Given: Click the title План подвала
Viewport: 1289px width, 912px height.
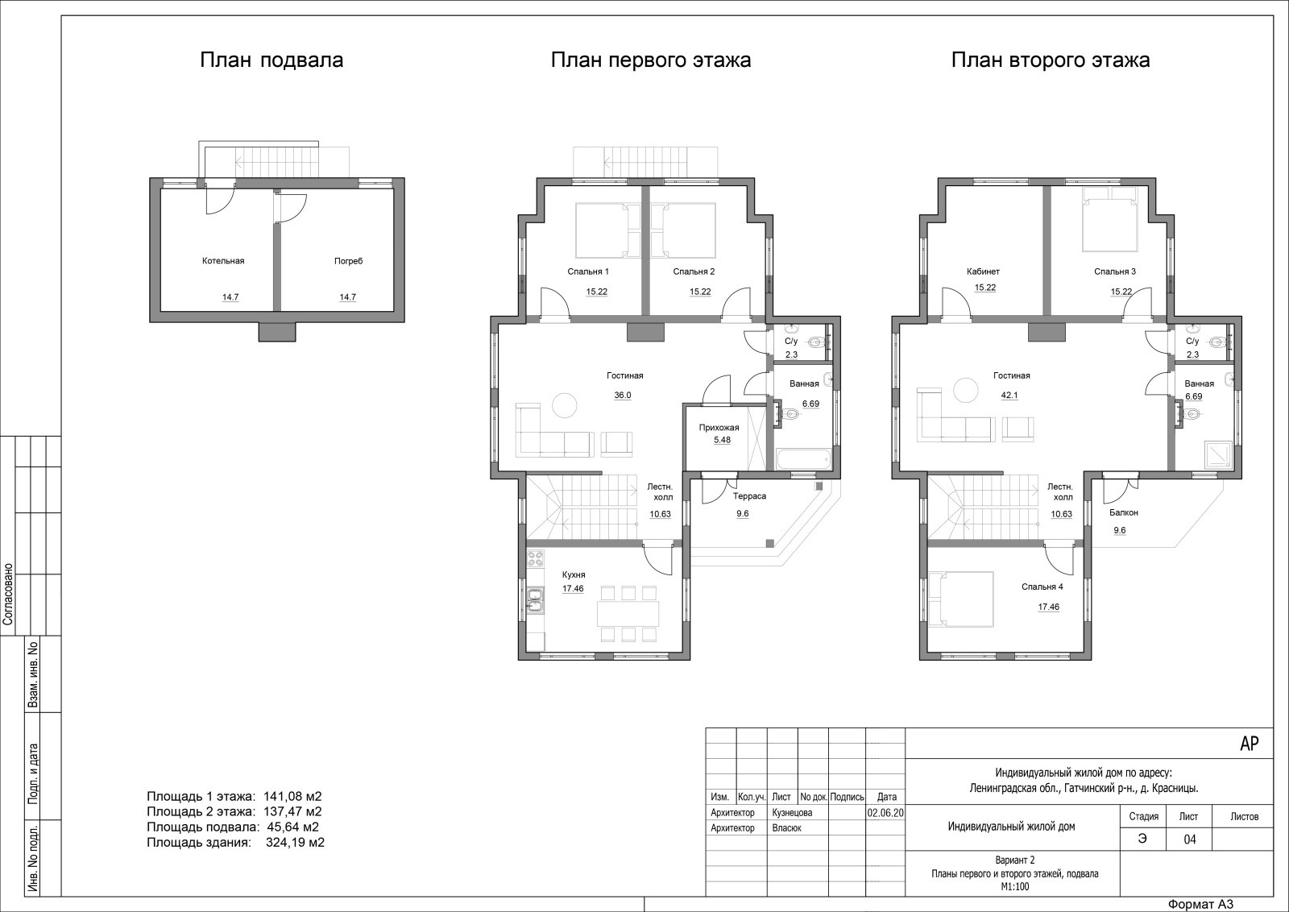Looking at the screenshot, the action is coord(271,60).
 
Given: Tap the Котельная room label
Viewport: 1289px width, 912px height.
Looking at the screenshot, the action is coord(223,261).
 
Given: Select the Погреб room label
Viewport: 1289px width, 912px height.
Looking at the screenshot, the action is coord(349,261).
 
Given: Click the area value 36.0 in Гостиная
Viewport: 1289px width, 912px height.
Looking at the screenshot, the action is coord(623,396).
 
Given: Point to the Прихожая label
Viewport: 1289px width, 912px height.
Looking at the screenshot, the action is coord(719,428).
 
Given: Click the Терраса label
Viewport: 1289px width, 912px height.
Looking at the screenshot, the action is coord(749,496).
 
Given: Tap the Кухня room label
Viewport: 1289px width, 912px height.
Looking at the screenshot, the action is coord(574,574).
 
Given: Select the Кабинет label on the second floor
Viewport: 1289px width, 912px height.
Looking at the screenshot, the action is coord(984,272).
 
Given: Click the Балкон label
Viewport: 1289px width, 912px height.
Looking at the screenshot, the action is coord(1124,512).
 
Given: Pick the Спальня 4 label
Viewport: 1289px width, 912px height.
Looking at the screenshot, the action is coord(1042,587).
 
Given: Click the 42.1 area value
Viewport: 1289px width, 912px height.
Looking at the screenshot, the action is coord(1009,396).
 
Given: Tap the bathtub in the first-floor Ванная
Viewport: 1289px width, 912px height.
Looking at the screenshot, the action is coord(803,460).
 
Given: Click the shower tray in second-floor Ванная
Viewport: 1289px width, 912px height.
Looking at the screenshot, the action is coord(1217,454).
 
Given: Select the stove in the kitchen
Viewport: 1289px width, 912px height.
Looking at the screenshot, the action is coord(535,558).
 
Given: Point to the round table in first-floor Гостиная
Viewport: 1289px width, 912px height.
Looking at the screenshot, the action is coord(565,406).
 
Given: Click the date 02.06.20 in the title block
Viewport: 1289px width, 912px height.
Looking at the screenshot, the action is coord(885,813).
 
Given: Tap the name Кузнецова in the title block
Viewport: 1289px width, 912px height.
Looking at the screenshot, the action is coord(793,813).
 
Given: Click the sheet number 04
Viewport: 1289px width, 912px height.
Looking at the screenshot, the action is coord(1189,839).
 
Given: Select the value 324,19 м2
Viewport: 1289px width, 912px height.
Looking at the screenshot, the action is coord(295,843).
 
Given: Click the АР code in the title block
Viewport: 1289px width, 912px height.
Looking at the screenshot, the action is coord(1250,744).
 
